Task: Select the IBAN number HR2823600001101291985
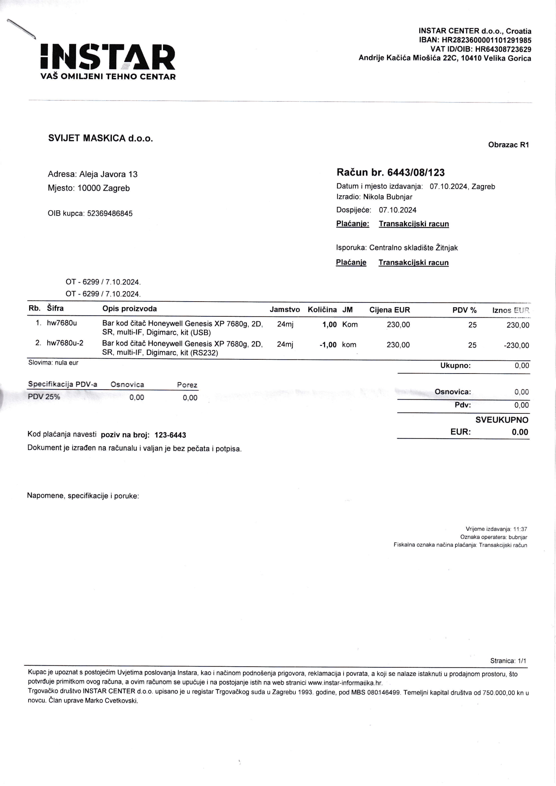pyautogui.click(x=486, y=40)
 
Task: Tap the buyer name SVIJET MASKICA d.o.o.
pyautogui.click(x=100, y=138)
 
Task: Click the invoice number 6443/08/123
pyautogui.click(x=415, y=172)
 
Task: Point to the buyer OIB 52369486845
pyautogui.click(x=110, y=213)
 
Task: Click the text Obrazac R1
pyautogui.click(x=508, y=145)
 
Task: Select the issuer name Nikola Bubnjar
pyautogui.click(x=388, y=197)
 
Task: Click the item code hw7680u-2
pyautogui.click(x=65, y=343)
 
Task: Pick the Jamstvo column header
pyautogui.click(x=284, y=310)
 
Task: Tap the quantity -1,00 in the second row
pyautogui.click(x=328, y=345)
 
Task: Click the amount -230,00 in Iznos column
pyautogui.click(x=516, y=345)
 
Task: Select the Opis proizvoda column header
pyautogui.click(x=129, y=309)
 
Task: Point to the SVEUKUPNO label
pyautogui.click(x=502, y=420)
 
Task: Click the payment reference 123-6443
pyautogui.click(x=170, y=435)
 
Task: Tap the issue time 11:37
pyautogui.click(x=520, y=529)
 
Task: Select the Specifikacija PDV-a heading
pyautogui.click(x=63, y=384)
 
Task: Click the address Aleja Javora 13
pyautogui.click(x=108, y=174)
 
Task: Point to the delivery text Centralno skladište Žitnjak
pyautogui.click(x=413, y=248)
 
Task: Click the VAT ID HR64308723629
pyautogui.click(x=503, y=49)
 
